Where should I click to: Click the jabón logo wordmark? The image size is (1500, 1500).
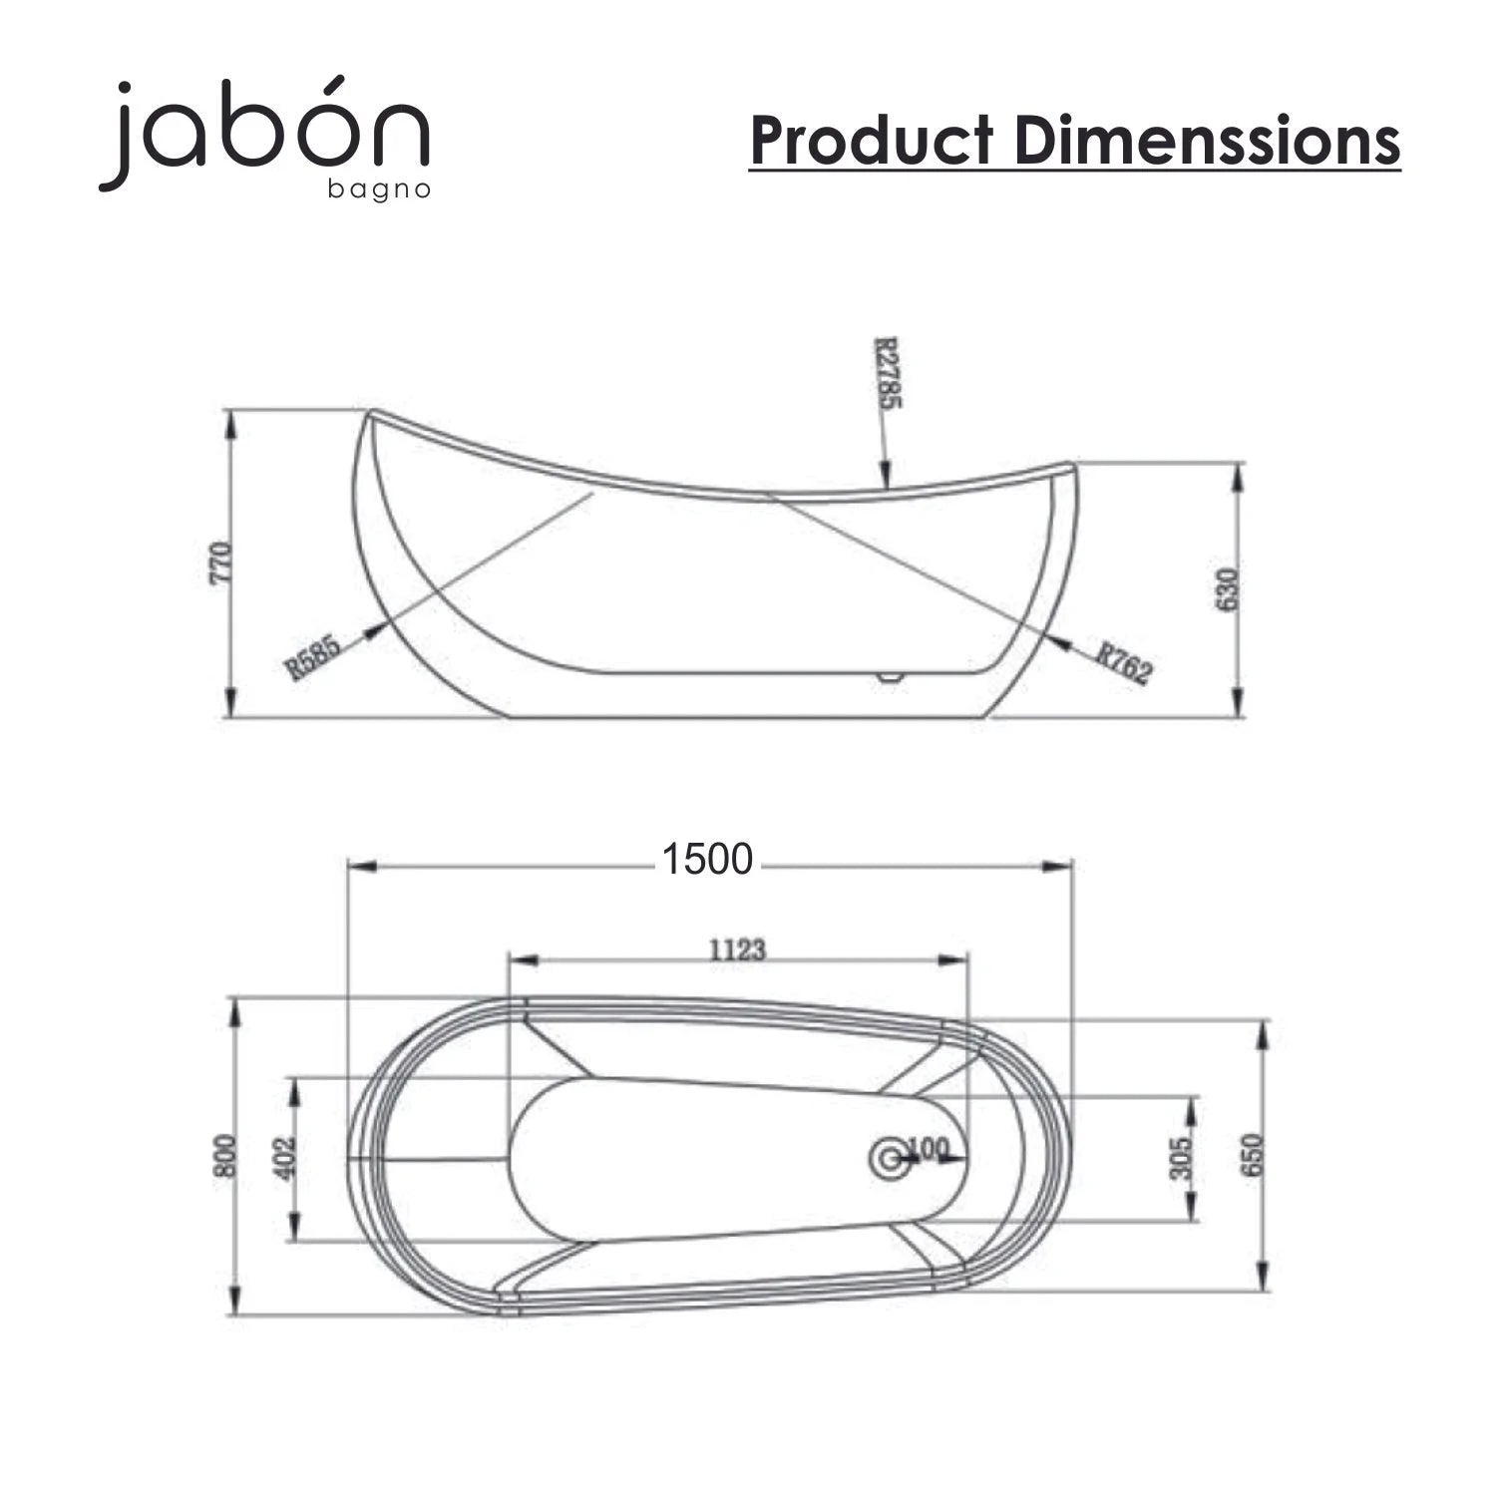coord(264,134)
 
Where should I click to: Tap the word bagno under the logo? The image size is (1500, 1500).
coord(379,189)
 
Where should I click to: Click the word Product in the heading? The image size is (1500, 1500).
coord(872,140)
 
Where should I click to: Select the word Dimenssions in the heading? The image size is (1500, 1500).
coord(1208,140)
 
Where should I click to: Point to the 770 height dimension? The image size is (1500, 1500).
coord(222,562)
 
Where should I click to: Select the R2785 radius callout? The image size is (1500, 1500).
coord(887,374)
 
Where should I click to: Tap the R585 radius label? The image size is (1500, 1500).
coord(313,657)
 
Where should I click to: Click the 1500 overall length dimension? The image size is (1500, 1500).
coord(707,859)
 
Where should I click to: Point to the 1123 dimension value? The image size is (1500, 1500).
coord(737,949)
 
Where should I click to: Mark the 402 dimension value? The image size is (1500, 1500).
coord(287,1158)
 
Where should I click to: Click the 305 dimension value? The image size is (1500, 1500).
coord(1181,1158)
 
